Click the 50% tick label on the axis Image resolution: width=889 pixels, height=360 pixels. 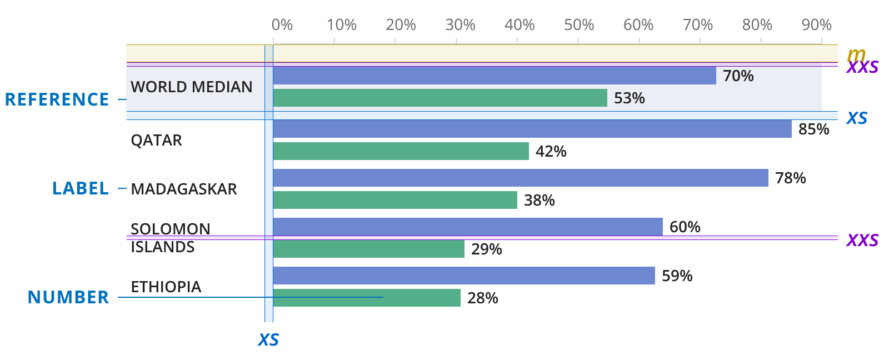[579, 25]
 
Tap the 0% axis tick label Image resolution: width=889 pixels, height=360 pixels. [282, 25]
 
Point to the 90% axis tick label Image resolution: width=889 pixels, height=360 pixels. [816, 25]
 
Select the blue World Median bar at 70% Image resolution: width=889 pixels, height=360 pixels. [495, 76]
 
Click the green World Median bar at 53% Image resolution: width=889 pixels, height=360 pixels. [440, 98]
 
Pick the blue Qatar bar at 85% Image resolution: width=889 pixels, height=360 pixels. [532, 129]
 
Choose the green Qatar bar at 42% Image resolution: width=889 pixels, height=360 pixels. [401, 151]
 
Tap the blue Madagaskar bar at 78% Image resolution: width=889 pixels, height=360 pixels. [521, 178]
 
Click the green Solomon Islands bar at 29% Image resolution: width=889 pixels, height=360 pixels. [368, 249]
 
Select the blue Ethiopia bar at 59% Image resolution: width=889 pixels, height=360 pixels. [464, 276]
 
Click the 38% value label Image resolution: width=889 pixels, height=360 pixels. [540, 200]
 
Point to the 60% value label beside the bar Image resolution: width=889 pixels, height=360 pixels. [685, 227]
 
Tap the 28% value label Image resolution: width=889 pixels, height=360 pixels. [483, 298]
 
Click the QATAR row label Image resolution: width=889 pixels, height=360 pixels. [156, 140]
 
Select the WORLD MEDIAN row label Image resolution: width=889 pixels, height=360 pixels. [191, 87]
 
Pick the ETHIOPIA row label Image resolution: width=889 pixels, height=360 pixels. [166, 287]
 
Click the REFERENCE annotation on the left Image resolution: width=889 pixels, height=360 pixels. [57, 99]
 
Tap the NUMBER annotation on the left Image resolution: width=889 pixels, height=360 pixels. [68, 297]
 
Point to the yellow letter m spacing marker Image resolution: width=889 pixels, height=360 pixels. [856, 54]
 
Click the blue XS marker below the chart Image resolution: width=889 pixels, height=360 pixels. [268, 340]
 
